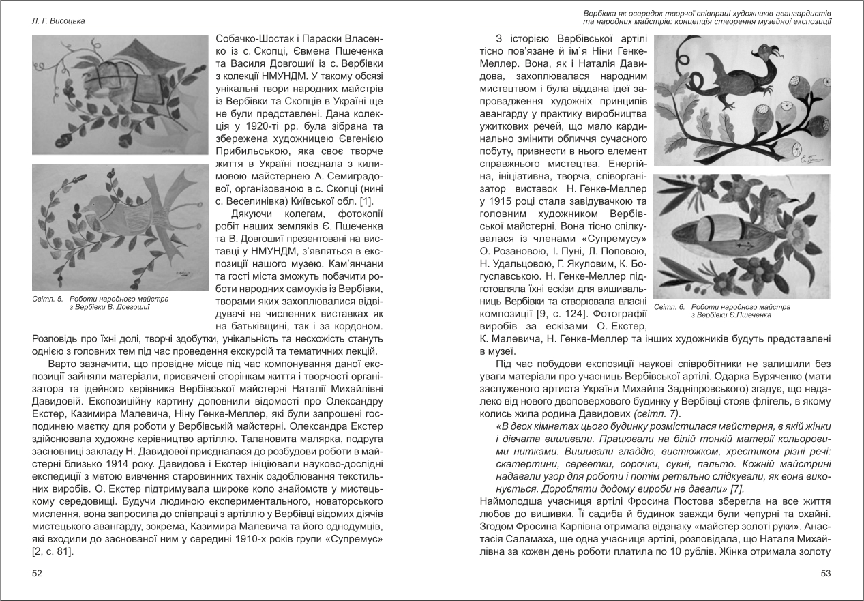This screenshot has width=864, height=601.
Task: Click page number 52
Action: pyautogui.click(x=38, y=574)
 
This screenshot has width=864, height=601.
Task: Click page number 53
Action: pyautogui.click(x=826, y=574)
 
